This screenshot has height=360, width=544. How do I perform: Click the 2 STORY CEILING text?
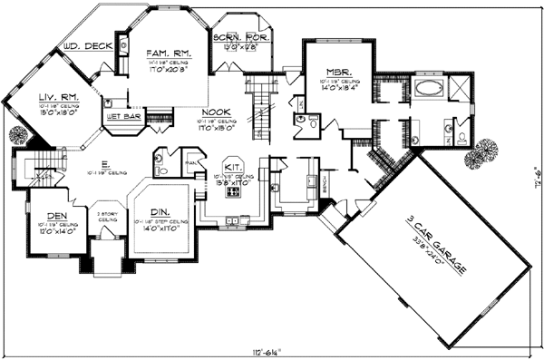click(109, 217)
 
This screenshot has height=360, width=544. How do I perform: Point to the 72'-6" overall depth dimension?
click(535, 168)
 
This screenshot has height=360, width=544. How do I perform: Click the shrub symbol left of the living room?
click(17, 137)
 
